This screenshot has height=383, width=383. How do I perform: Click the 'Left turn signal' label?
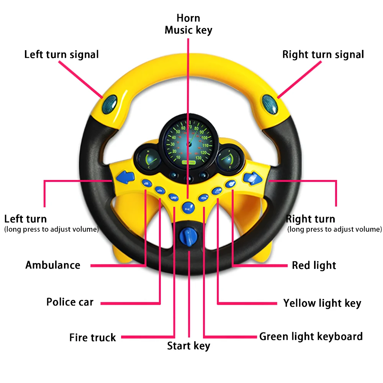click(61, 54)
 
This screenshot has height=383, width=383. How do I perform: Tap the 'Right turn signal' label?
click(323, 54)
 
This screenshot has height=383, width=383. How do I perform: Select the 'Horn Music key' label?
click(188, 24)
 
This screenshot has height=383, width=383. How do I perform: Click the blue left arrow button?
click(126, 177)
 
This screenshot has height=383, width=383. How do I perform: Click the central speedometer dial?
click(188, 143)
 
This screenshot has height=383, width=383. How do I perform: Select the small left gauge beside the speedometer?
click(147, 160)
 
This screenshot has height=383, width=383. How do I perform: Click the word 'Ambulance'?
click(53, 265)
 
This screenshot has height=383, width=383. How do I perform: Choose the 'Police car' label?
click(70, 302)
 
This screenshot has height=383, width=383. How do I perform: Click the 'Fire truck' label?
click(92, 338)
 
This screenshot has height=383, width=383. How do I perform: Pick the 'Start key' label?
click(188, 346)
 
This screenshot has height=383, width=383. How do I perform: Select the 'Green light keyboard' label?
click(311, 337)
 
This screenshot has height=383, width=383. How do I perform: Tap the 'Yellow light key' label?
click(322, 303)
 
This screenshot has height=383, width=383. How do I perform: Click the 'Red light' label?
click(314, 265)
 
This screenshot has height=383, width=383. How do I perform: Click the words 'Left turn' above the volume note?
click(25, 219)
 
